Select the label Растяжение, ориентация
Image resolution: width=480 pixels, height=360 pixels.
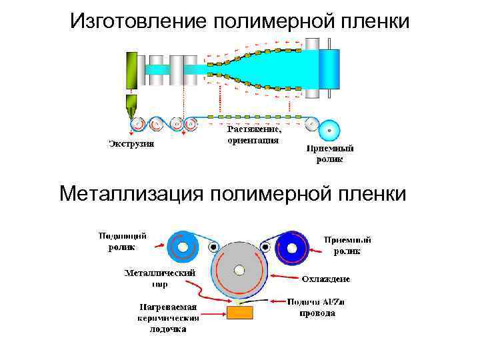click(254, 135)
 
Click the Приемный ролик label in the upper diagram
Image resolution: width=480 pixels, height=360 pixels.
click(330, 154)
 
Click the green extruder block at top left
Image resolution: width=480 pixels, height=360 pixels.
click(131, 70)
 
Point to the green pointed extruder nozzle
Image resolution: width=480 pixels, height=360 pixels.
click(131, 105)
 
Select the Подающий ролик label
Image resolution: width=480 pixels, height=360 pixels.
click(123, 241)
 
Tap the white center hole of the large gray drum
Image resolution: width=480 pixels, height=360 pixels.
click(239, 270)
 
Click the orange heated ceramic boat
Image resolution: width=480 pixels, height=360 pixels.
click(240, 312)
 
